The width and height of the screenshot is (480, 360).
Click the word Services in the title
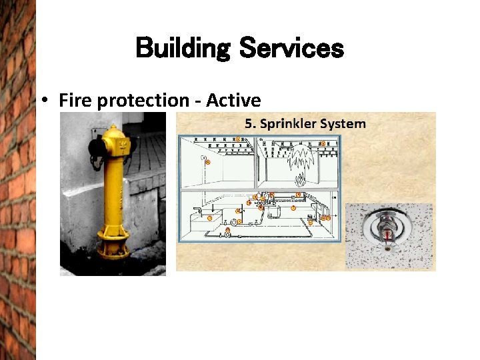pos(291,48)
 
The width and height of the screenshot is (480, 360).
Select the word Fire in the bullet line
pos(75,101)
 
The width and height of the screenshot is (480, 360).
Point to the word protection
pos(143,101)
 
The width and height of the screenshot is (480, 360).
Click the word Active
pos(233,101)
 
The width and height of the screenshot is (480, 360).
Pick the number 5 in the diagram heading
pos(249,123)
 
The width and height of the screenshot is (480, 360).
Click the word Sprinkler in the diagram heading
pos(288,124)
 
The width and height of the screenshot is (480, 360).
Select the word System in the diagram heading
pos(342,123)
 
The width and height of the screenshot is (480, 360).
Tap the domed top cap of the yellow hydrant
pos(113,132)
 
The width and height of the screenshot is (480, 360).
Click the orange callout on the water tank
pos(209,218)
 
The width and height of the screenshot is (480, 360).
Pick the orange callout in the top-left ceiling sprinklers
pos(237,139)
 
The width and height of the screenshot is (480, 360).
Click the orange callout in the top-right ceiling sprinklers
pos(323,143)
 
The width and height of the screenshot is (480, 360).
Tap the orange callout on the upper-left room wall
pos(207,162)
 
